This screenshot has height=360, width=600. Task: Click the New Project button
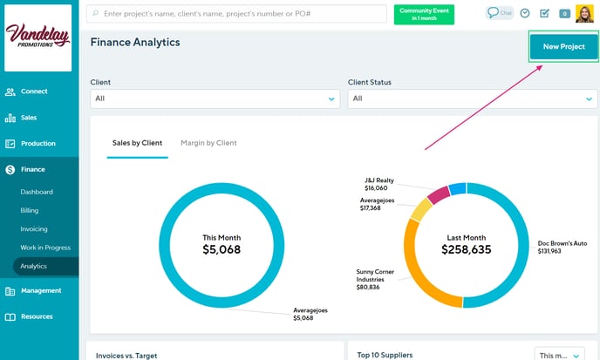point(563,46)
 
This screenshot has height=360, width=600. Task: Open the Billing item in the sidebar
point(30,210)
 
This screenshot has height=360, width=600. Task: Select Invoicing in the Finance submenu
point(34,228)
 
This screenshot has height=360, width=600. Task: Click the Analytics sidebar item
point(34,266)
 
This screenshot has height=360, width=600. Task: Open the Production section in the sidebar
point(37,143)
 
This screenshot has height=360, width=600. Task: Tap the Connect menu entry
point(33,91)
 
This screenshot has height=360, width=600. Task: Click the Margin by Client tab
point(208,143)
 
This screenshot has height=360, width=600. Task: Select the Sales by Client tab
point(137,143)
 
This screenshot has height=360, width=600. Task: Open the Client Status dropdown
point(473,99)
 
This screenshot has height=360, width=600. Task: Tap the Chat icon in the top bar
point(499,13)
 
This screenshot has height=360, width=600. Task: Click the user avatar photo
point(584,13)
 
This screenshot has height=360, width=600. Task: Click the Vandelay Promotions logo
point(38,36)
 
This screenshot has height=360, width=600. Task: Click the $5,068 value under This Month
point(222,249)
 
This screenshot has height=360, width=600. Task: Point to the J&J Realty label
point(379,184)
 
